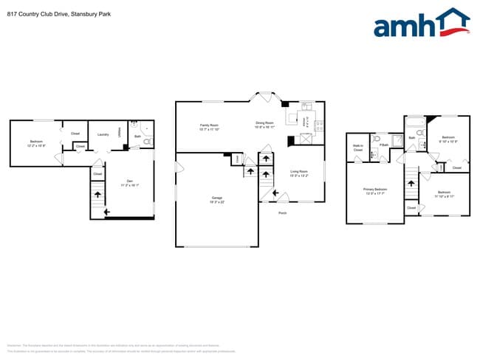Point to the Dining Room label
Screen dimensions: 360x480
click(x=264, y=122)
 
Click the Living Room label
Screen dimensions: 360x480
click(x=298, y=172)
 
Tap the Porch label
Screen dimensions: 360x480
click(x=282, y=213)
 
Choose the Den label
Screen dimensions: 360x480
click(x=129, y=181)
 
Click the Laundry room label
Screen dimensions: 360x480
click(x=103, y=134)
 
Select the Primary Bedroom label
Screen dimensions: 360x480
click(x=375, y=190)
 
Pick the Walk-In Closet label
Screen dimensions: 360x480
click(x=357, y=148)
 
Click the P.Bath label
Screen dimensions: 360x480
click(x=383, y=145)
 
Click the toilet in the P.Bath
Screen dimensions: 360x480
click(x=376, y=138)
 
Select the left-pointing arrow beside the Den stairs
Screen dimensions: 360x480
click(x=108, y=212)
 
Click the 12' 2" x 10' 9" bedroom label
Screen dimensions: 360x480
click(x=37, y=143)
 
